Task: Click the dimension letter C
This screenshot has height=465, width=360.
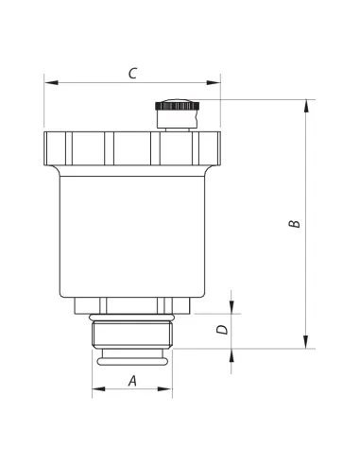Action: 132,73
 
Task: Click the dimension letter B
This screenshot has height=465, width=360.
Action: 295,224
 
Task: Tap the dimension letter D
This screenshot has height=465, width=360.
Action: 222,330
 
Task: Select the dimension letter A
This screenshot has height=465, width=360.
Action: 132,381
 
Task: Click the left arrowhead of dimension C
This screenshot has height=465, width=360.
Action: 51,82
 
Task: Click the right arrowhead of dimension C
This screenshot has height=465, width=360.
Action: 214,82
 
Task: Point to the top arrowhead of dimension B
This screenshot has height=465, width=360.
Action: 306,106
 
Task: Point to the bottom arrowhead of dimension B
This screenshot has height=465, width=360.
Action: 306,342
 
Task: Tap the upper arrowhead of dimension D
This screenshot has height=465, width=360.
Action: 231,307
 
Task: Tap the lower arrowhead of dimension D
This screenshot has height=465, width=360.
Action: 231,355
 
